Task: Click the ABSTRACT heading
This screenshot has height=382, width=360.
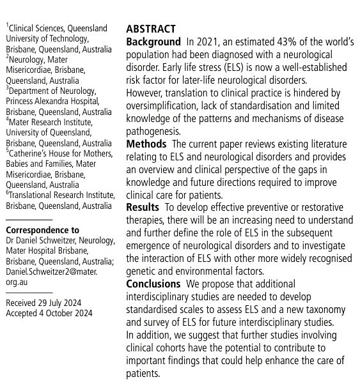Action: pyautogui.click(x=151, y=29)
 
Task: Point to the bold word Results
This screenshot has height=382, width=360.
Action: pyautogui.click(x=143, y=207)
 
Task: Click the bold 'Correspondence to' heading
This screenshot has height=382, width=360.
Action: pyautogui.click(x=42, y=231)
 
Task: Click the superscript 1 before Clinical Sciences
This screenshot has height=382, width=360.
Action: pyautogui.click(x=8, y=26)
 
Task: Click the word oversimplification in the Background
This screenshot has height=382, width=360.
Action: pyautogui.click(x=168, y=106)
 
